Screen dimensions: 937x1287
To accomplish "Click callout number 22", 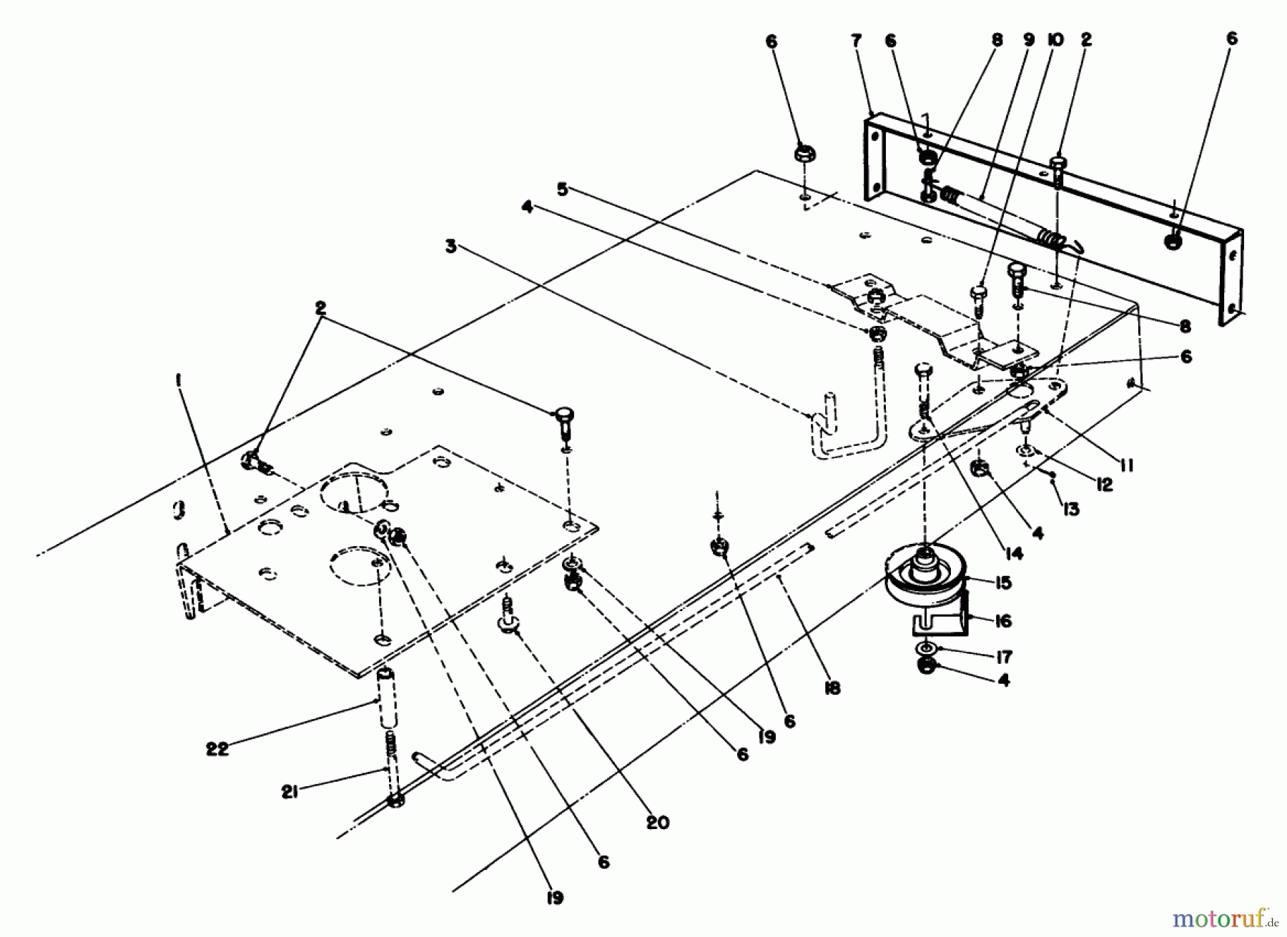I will (217, 749).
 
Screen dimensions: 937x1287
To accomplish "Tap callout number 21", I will (289, 792).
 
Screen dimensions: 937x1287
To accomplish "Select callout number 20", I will (657, 823).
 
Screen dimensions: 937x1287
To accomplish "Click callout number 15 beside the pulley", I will (1003, 582).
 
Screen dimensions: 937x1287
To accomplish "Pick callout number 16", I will (1003, 620).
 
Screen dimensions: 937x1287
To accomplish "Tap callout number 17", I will (1003, 656).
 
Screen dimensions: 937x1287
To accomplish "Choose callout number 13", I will (1070, 509).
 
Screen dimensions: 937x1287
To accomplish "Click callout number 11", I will (1127, 465).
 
